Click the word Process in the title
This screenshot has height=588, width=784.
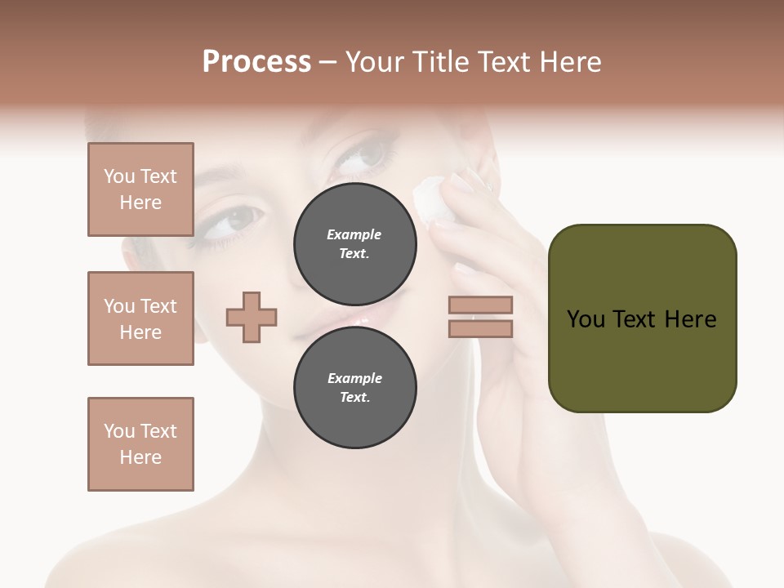click(x=256, y=62)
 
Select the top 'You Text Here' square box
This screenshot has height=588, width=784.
click(x=140, y=189)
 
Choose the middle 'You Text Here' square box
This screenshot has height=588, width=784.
click(x=140, y=318)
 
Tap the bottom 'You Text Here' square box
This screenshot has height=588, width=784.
click(x=140, y=444)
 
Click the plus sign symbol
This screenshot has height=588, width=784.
click(x=252, y=317)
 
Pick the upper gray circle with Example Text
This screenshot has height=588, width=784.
click(x=354, y=243)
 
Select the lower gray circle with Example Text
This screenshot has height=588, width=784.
click(x=354, y=388)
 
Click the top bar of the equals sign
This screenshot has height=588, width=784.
click(x=481, y=305)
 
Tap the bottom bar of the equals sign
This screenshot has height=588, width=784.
click(x=481, y=328)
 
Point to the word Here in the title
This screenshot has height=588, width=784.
click(x=569, y=62)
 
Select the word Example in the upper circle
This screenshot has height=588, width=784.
click(x=354, y=234)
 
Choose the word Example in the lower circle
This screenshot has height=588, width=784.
click(x=354, y=378)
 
